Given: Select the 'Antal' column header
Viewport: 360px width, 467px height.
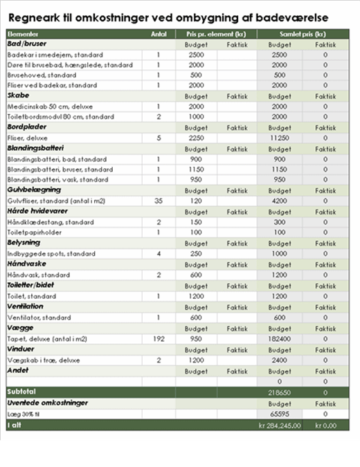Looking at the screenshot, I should point(158,33).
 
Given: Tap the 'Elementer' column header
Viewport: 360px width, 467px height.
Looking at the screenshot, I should point(23,33).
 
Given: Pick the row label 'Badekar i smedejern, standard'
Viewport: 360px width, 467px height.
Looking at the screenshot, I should point(55,55).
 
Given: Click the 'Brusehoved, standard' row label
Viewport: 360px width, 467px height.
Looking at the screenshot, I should point(42,75).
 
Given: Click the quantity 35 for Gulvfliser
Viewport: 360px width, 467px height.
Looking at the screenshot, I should point(158,201).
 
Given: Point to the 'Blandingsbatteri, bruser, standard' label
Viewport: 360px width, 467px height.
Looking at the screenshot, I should point(60,170).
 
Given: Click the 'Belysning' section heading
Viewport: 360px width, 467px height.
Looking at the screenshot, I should point(24,243).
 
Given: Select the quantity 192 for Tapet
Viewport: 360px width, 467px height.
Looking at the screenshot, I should point(158,339).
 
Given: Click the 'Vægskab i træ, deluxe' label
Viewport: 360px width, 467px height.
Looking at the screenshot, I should point(44,360).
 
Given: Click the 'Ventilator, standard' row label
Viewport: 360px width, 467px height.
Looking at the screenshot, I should point(39,318).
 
